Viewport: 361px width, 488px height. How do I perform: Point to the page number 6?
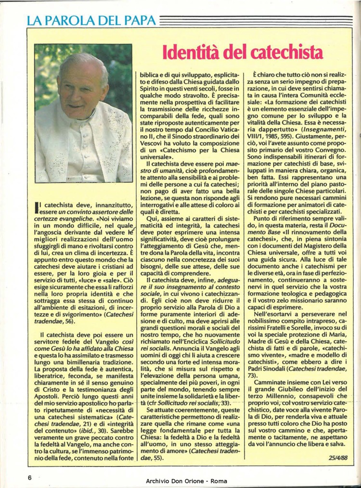coord(29,477)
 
